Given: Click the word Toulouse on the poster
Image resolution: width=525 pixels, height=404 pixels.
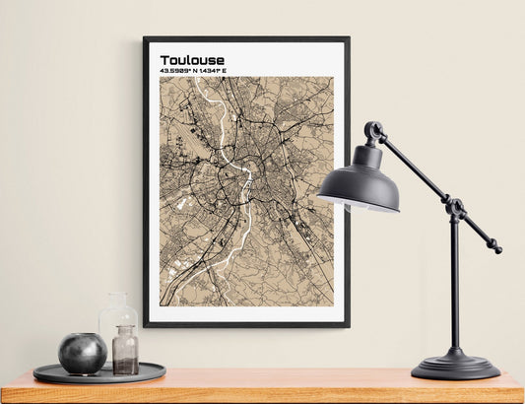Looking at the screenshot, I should (191, 60).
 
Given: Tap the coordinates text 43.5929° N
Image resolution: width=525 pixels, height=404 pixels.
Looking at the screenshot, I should (179, 72).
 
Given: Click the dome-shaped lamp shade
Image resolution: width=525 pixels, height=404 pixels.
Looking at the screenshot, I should (360, 181).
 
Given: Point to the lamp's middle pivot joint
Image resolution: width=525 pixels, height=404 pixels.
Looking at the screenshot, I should (455, 208).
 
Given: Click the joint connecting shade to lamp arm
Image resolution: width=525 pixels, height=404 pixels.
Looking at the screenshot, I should (373, 130).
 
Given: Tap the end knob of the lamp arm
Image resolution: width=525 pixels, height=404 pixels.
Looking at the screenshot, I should (495, 248).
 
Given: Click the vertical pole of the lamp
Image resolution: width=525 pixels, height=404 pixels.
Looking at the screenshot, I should (454, 286).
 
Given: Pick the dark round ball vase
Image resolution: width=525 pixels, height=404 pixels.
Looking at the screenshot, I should (82, 353).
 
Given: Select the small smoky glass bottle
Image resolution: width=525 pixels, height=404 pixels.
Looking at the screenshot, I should (125, 351).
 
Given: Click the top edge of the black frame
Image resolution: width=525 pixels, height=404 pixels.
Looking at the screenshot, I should (246, 39).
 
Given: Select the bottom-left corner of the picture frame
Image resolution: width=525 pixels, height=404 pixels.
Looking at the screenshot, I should (146, 324).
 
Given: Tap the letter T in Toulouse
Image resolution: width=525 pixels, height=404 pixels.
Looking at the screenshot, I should (164, 60).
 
